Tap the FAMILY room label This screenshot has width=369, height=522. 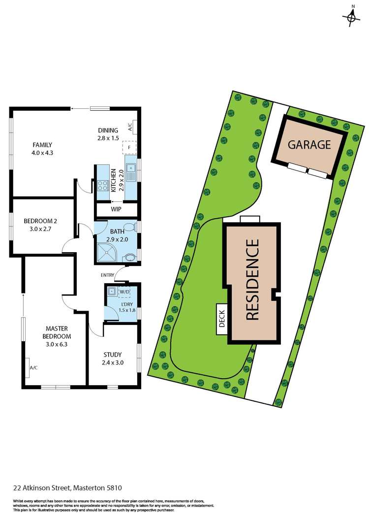coord(42,149)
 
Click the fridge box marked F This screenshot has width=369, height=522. coord(129,147)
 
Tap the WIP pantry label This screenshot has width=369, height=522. coord(117,209)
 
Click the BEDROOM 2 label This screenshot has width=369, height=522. coord(41,225)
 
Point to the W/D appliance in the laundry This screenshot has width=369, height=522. coord(123,291)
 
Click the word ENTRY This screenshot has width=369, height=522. coord(108,275)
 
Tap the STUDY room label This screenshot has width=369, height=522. coord(112,359)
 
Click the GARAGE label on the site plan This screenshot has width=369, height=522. coord(309,145)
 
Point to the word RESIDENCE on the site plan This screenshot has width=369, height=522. coord(252,280)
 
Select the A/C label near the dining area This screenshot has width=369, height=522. coord(130,127)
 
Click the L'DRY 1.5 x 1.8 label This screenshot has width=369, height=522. coord(127,307)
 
